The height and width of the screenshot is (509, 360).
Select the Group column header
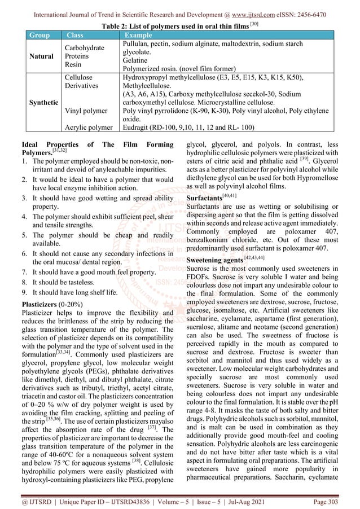pyautogui.click(x=39, y=35)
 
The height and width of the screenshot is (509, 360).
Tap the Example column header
pyautogui.click(x=138, y=35)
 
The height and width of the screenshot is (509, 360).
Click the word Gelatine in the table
pyautogui.click(x=136, y=59)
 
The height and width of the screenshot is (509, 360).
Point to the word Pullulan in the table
pyautogui.click(x=137, y=43)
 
